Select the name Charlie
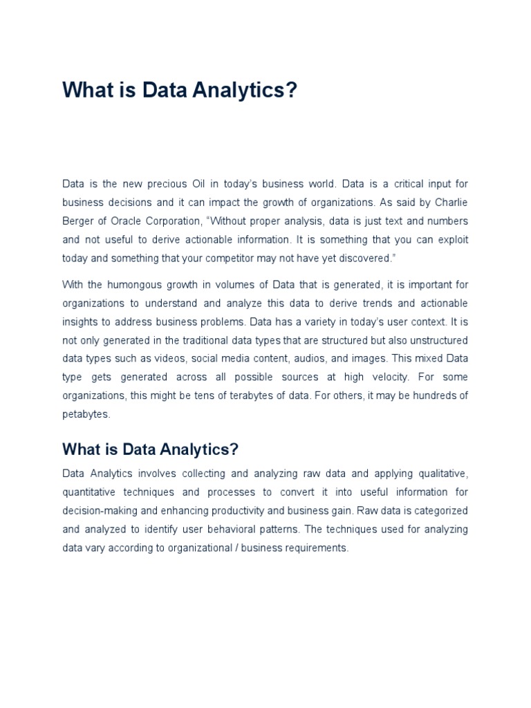point(449,203)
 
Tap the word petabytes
point(86,414)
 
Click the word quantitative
point(89,492)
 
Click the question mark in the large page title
point(290,90)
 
